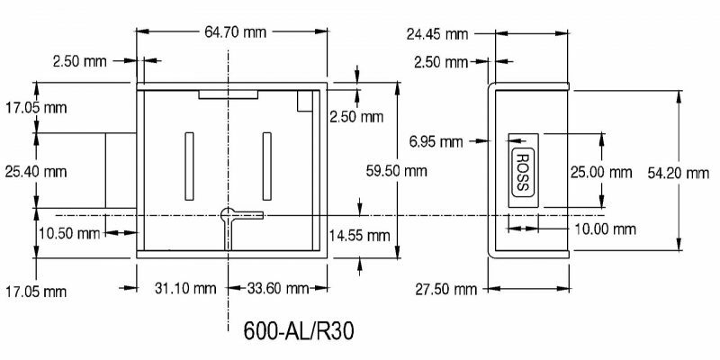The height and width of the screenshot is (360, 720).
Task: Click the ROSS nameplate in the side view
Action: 523,169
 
